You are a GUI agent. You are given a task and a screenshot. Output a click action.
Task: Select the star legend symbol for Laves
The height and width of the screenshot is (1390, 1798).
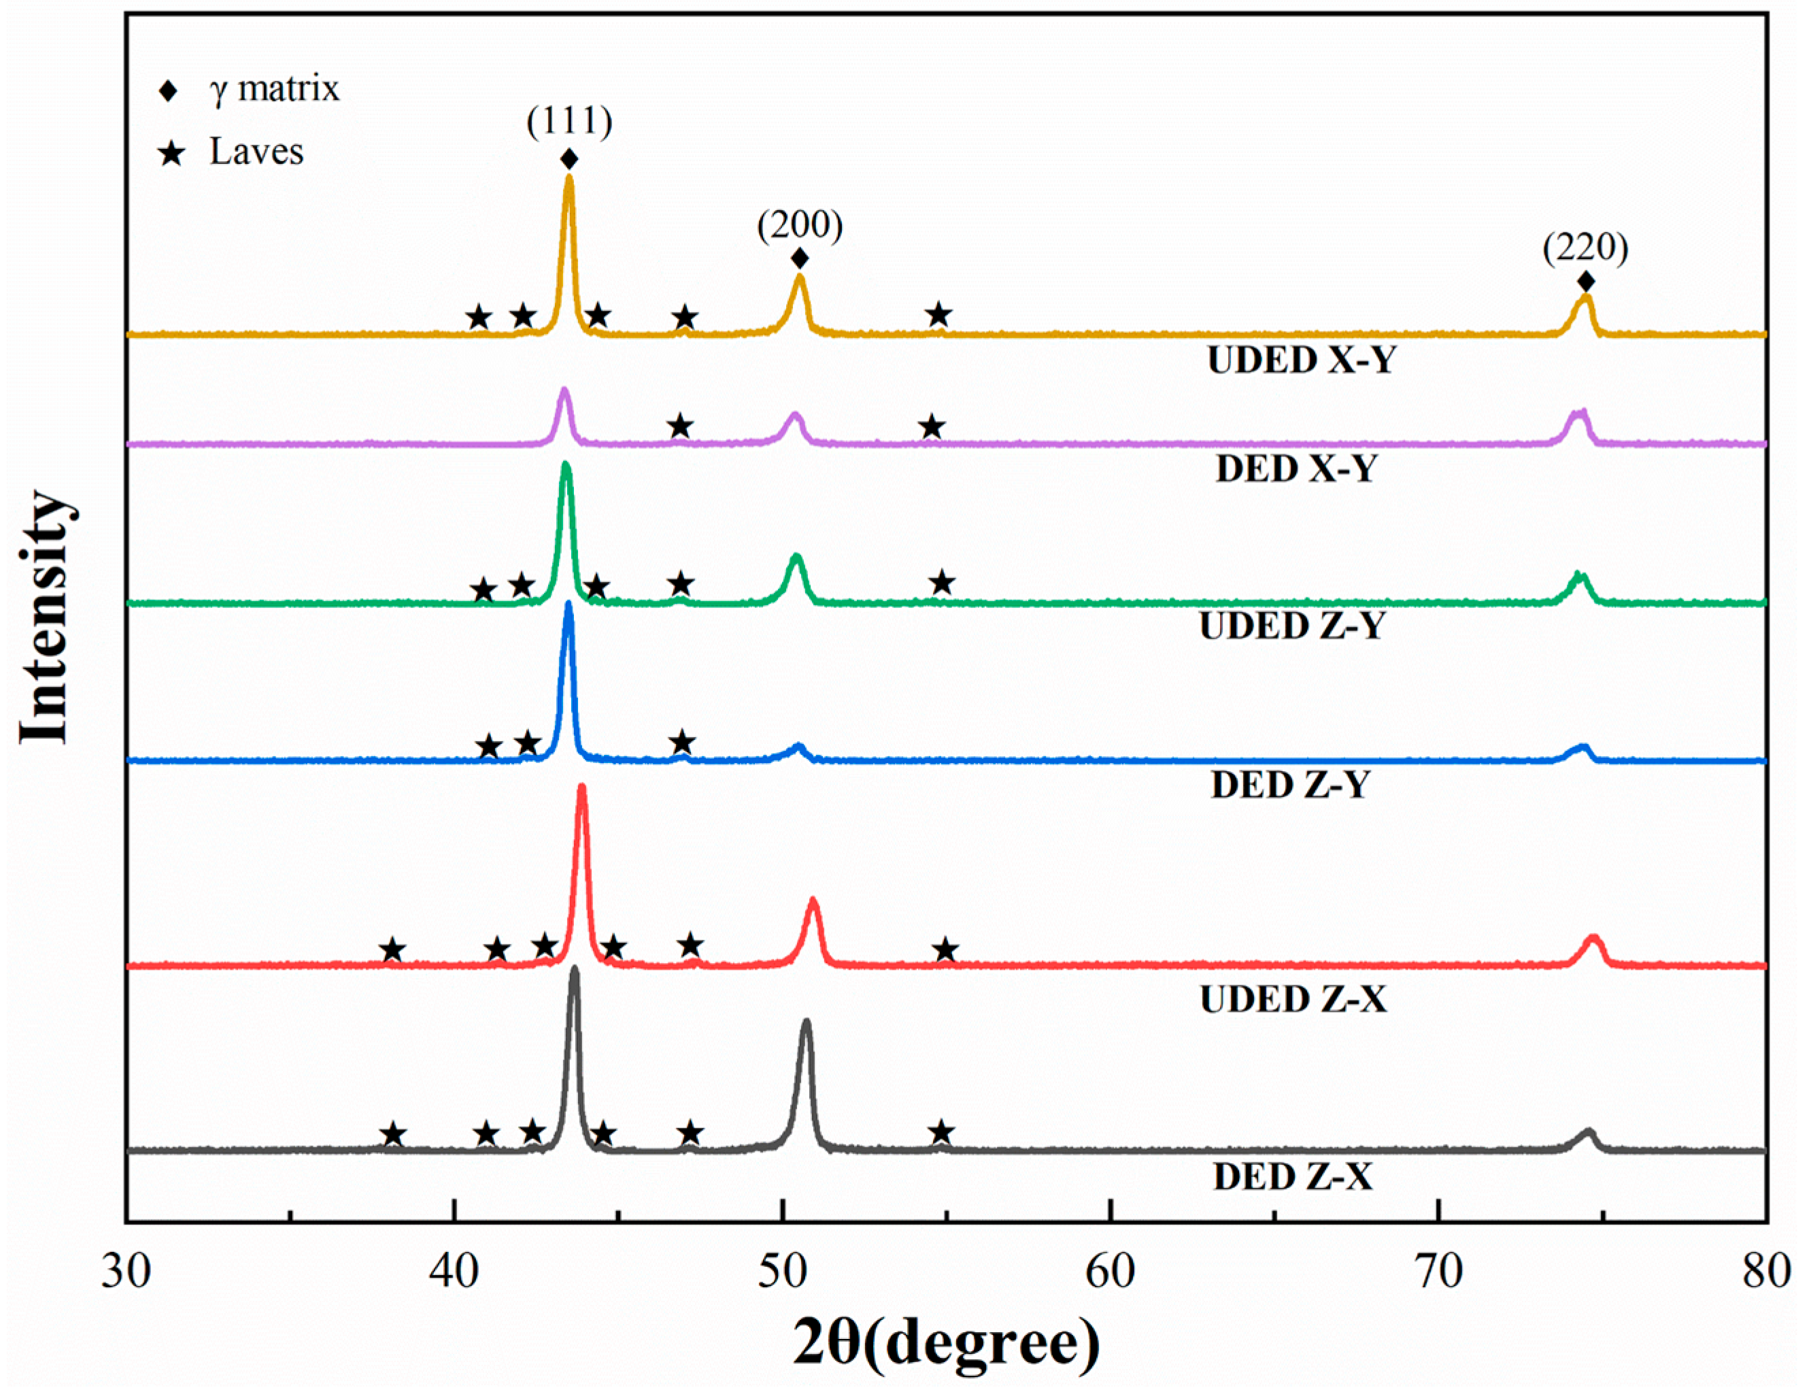click(x=171, y=152)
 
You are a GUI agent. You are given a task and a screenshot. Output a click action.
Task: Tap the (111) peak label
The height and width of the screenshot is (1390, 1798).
click(x=570, y=122)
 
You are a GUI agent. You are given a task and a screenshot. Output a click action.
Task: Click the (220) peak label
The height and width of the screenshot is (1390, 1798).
click(x=1586, y=247)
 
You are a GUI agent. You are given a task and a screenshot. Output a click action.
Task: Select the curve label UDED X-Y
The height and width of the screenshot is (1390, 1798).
click(x=1302, y=360)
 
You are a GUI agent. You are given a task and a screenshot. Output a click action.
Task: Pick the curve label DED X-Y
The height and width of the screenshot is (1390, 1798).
click(x=1296, y=469)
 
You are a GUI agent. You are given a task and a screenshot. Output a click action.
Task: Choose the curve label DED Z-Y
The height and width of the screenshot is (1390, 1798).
click(x=1290, y=785)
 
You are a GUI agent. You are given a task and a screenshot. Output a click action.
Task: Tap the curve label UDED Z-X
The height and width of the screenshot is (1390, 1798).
click(x=1293, y=1000)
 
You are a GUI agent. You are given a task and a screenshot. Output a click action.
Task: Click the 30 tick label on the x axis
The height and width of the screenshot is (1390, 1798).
click(x=126, y=1272)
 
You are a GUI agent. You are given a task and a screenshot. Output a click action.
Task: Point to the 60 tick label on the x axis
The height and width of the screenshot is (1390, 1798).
click(x=1110, y=1272)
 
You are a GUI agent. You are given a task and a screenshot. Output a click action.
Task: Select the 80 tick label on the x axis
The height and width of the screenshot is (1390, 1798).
click(x=1767, y=1272)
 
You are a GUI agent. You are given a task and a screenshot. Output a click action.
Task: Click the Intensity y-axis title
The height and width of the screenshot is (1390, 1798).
click(x=43, y=617)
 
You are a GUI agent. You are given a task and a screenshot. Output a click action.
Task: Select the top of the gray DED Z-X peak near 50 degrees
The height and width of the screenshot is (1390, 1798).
click(x=806, y=1022)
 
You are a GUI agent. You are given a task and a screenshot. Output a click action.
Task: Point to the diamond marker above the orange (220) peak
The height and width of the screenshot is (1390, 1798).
click(x=1587, y=282)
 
